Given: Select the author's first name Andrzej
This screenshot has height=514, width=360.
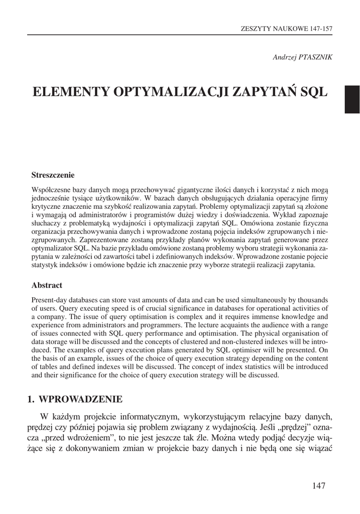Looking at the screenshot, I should (x=283, y=57).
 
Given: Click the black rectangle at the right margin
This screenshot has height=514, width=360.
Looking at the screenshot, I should (x=351, y=99).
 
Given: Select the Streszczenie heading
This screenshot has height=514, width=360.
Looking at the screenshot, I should (x=53, y=175).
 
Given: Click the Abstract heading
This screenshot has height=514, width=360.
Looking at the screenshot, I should (x=47, y=285).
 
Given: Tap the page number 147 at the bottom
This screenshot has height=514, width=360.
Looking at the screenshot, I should (x=319, y=485).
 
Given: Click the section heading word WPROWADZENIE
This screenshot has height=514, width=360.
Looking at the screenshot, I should (x=80, y=400).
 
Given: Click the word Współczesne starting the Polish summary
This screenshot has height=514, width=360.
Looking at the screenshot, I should (x=52, y=190).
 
